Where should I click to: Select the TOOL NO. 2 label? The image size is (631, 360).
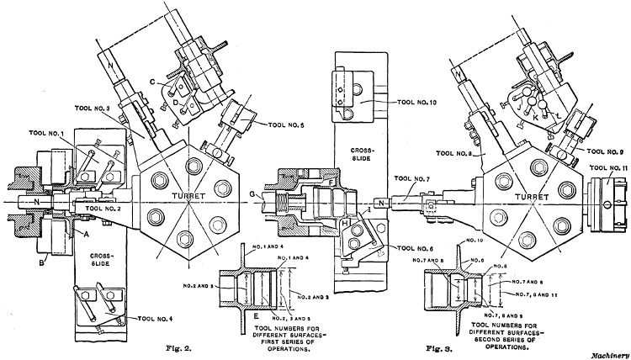click(x=103, y=207)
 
